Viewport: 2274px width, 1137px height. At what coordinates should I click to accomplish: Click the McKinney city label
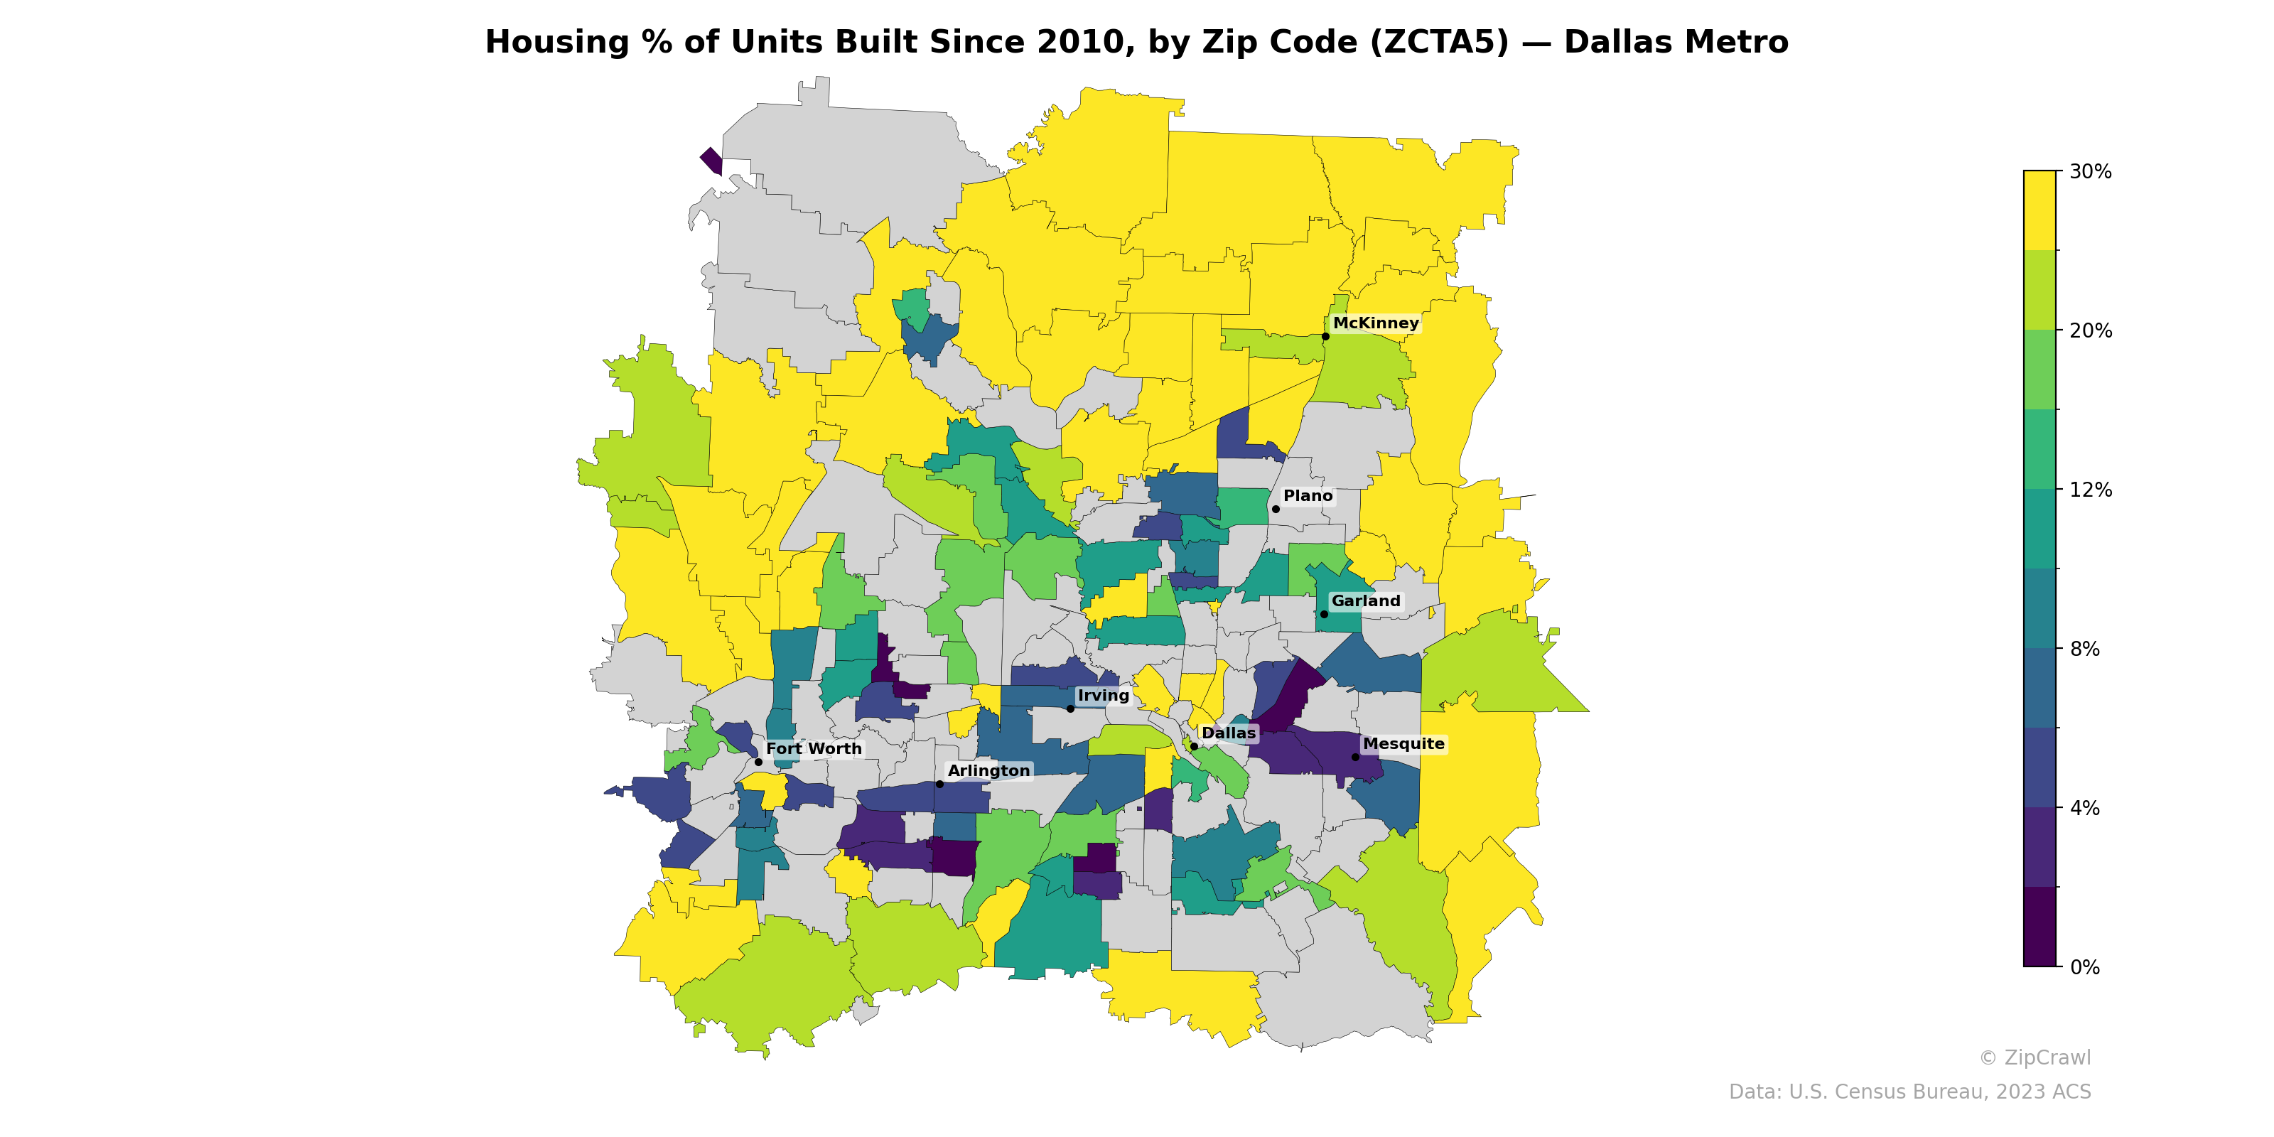tap(1375, 323)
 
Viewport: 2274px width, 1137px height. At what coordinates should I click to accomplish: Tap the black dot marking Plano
tap(1275, 510)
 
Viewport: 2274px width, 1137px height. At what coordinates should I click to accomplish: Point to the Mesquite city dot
tap(1355, 758)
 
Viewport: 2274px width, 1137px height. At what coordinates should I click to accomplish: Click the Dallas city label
tap(1228, 733)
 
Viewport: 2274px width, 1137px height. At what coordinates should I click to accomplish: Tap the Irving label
tap(1103, 696)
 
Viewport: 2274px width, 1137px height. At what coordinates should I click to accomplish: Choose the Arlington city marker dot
tap(939, 784)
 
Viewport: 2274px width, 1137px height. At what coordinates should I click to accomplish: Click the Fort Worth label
tap(813, 748)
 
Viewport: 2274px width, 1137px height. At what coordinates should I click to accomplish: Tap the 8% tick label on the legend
tap(2084, 649)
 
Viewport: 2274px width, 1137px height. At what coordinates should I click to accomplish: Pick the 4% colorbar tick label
tap(2084, 808)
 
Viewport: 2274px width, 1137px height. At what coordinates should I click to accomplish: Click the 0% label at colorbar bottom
tap(2084, 967)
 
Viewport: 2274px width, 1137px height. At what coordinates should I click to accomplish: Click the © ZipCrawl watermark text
tap(2034, 1057)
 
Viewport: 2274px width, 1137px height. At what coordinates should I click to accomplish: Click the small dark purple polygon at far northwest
tap(711, 161)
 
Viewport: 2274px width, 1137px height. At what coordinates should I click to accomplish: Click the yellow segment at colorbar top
tap(2039, 210)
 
